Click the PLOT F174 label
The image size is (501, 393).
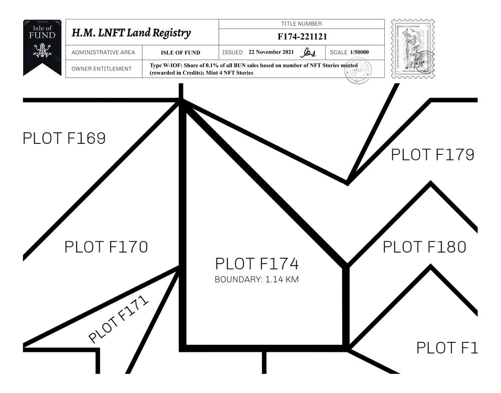click(257, 264)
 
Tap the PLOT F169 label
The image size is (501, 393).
click(64, 138)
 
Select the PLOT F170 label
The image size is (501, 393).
click(106, 247)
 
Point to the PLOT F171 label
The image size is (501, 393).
click(119, 319)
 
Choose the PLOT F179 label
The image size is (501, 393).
click(432, 155)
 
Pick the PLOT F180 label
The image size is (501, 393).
click(424, 247)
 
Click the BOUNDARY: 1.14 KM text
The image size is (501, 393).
click(257, 280)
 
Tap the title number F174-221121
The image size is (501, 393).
click(302, 37)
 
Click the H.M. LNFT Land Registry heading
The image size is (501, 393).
click(131, 34)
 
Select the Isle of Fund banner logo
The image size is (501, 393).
click(42, 47)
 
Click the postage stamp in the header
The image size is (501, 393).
click(412, 49)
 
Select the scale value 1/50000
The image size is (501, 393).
click(360, 52)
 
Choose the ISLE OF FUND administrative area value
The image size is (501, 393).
click(180, 53)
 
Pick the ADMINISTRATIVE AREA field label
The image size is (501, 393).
click(103, 53)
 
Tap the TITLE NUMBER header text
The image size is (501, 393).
click(302, 24)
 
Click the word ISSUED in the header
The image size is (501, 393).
click(232, 53)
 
